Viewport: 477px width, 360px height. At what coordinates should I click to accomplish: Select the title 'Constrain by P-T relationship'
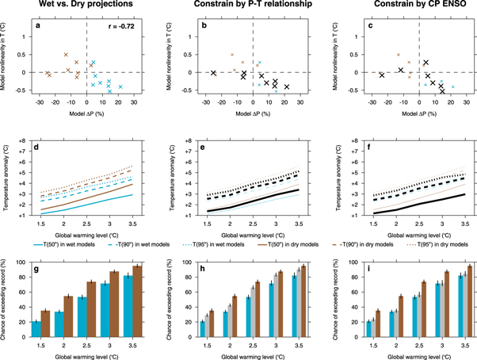(x=238, y=6)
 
